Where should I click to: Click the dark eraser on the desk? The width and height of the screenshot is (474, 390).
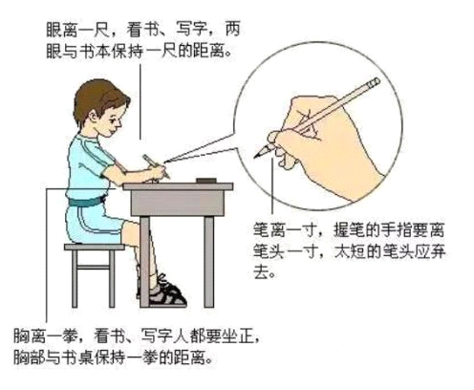tap(206, 181)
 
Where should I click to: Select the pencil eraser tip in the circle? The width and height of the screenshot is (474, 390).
tap(374, 83)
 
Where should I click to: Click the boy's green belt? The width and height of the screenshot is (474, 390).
tap(87, 202)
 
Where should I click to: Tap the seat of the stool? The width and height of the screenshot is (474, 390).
tap(95, 247)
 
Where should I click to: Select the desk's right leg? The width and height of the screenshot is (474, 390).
tap(209, 262)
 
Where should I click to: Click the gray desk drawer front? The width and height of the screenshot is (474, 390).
tap(177, 203)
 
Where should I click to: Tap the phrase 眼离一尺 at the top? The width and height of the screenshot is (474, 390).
tap(78, 30)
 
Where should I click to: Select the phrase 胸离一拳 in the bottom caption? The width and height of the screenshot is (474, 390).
tap(45, 336)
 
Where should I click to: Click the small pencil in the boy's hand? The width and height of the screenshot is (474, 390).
tap(156, 166)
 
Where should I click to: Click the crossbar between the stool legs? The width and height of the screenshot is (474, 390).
tap(94, 267)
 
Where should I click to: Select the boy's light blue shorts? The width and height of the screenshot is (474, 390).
tap(95, 223)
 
